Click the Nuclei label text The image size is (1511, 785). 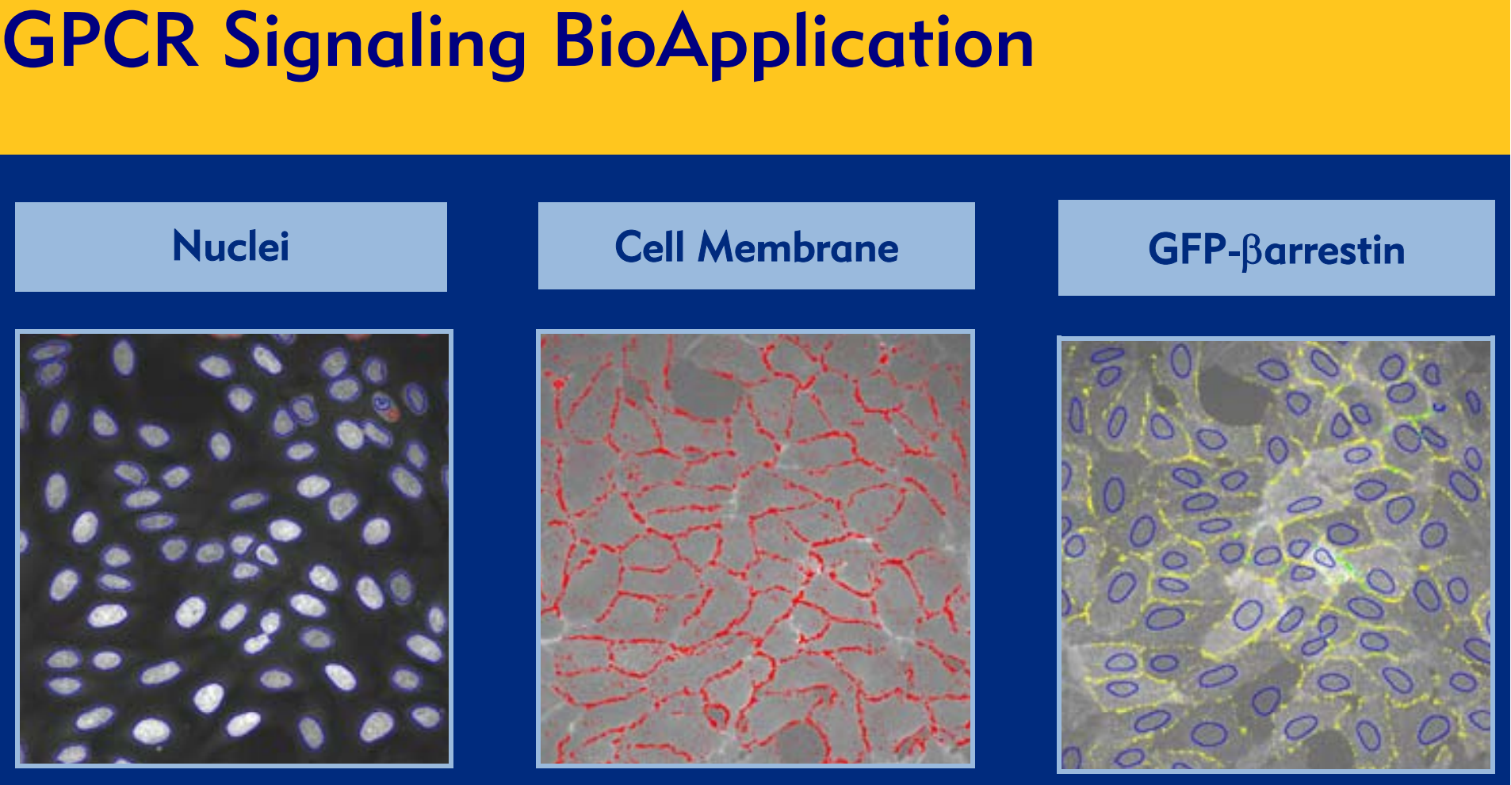coord(231,246)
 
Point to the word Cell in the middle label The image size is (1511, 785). coord(649,247)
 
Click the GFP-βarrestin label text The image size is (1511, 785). coord(1276,251)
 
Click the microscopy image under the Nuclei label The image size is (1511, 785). coord(234,549)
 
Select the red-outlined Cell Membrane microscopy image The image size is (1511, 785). coord(755,549)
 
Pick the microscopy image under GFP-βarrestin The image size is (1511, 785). coord(1276,554)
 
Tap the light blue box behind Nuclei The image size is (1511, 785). coord(231,247)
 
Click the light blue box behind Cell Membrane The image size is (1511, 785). coord(756,246)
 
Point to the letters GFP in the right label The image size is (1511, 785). coord(1187,250)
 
